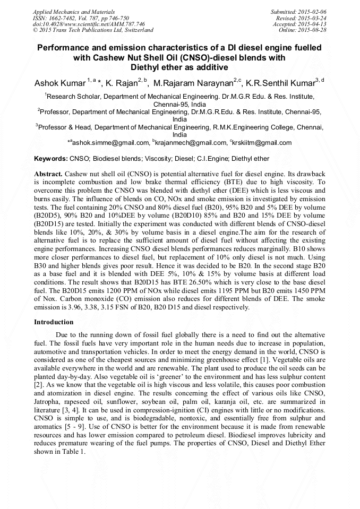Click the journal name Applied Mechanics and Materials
[73, 11]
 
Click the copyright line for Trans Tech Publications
[93, 30]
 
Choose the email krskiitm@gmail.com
[263, 143]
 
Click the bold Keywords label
[51, 159]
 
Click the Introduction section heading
[54, 322]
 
